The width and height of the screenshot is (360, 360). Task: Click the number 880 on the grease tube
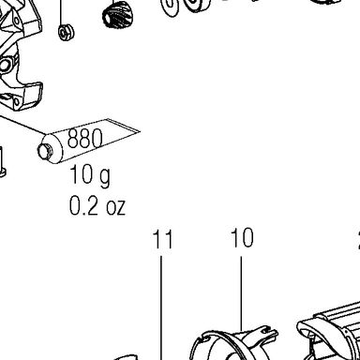[84, 138]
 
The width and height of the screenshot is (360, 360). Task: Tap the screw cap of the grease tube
[45, 151]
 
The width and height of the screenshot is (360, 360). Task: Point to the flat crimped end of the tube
[124, 126]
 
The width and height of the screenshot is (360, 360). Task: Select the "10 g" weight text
[90, 175]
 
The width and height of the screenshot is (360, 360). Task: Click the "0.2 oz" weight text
[97, 205]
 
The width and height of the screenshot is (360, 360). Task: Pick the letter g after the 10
[104, 177]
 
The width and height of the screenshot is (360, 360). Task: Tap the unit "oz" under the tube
[116, 207]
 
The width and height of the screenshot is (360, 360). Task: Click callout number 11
[162, 239]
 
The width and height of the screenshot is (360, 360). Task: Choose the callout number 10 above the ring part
[242, 238]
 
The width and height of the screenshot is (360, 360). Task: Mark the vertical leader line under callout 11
[161, 307]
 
